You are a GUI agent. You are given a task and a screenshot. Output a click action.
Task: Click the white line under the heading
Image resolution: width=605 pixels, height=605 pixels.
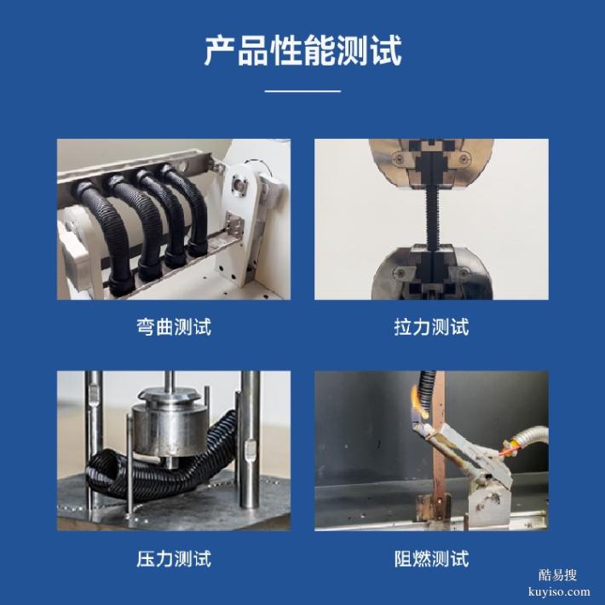(x=302, y=90)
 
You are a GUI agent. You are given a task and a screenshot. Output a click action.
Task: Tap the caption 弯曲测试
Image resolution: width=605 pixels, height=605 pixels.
(x=174, y=326)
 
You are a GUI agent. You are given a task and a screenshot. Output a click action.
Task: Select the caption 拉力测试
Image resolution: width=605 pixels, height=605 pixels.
(x=431, y=326)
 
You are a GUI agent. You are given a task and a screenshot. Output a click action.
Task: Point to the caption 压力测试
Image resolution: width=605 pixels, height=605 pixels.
(x=174, y=559)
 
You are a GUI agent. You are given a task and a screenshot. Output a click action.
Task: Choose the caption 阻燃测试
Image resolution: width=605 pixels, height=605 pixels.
(x=431, y=559)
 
